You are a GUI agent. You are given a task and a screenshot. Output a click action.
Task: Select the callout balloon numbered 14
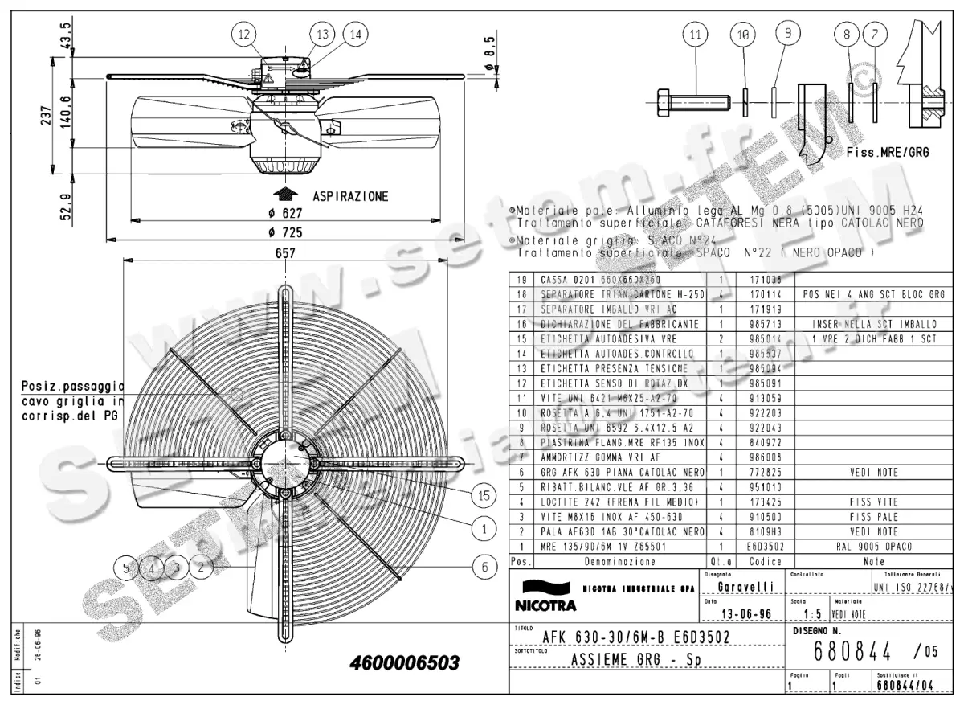point(354,34)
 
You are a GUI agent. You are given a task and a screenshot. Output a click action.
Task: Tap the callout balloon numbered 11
point(696,34)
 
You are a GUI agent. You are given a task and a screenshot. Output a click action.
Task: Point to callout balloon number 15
point(483,497)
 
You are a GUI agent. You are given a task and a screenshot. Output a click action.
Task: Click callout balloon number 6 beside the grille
point(484,567)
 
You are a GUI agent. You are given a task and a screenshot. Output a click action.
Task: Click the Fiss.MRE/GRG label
point(887,152)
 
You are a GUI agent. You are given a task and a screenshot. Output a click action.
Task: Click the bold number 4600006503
point(405,664)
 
